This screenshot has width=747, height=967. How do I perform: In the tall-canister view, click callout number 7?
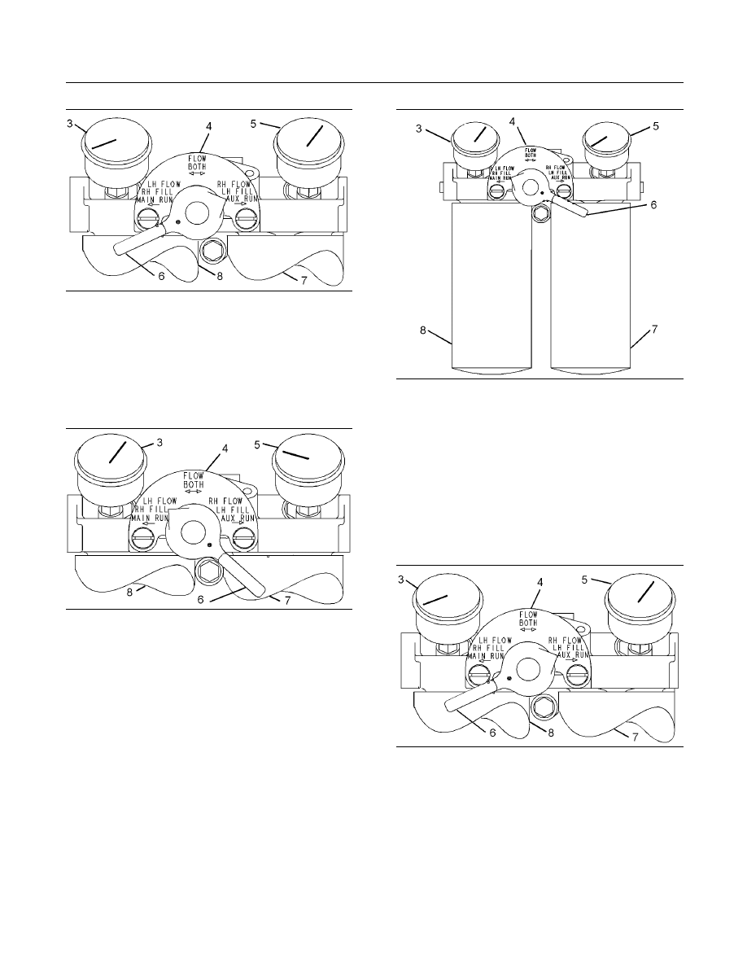(653, 330)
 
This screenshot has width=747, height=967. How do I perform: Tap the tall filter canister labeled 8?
(491, 293)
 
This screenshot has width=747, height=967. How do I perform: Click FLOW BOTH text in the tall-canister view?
(530, 152)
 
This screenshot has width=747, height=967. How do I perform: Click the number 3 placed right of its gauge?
(159, 442)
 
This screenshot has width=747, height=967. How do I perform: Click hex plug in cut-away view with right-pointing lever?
(206, 571)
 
